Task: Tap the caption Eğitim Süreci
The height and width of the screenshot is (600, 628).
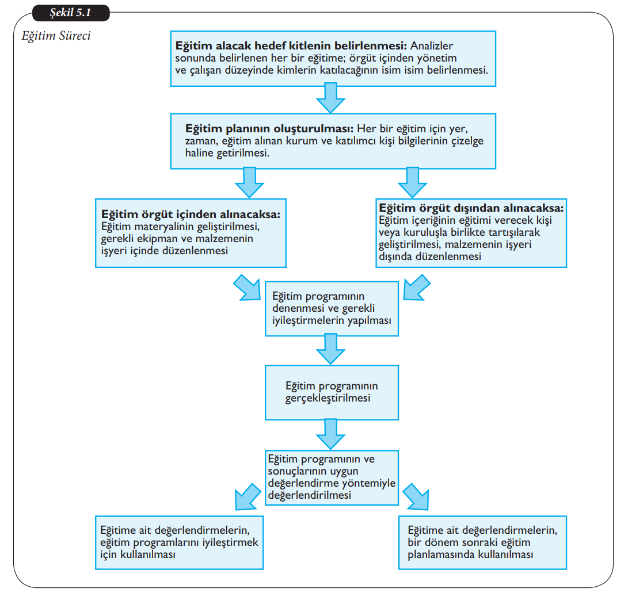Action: tap(56, 36)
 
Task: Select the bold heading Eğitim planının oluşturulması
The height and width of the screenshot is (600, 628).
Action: tap(270, 128)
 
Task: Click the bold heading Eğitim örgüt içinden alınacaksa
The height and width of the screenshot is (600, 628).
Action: tap(191, 214)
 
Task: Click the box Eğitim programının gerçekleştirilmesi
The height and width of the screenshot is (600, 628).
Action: tap(332, 392)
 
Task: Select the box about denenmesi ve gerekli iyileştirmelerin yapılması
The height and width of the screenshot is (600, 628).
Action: tap(332, 308)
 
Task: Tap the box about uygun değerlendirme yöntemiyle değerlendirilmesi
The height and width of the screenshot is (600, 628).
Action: tap(332, 477)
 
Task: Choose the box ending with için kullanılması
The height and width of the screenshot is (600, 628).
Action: tap(179, 541)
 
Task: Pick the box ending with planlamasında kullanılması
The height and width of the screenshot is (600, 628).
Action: tap(482, 541)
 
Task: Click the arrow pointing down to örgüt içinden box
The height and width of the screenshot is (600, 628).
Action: tap(249, 182)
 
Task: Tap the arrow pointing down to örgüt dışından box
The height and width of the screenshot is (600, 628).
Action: tap(412, 182)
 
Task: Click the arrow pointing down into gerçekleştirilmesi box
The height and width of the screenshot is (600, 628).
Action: tap(331, 349)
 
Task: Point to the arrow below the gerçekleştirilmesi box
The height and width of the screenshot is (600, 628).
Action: tap(331, 434)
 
